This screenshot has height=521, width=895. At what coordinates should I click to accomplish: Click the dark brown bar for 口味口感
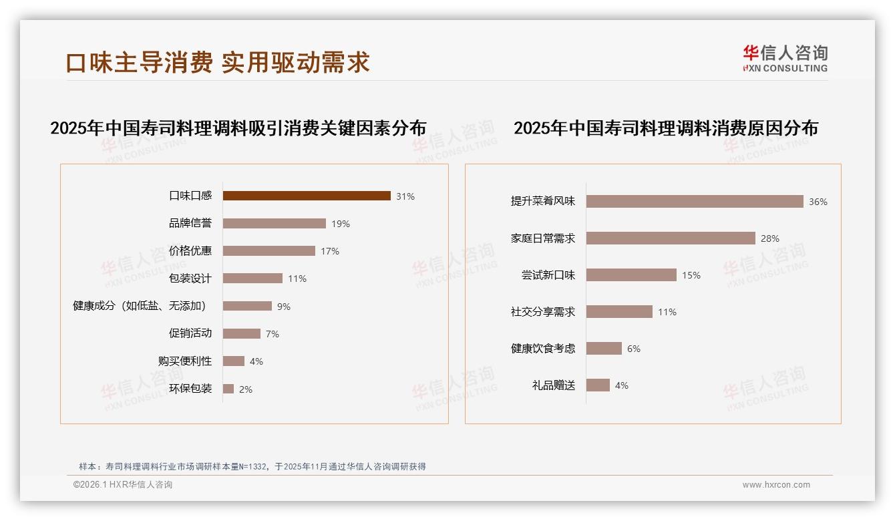307,196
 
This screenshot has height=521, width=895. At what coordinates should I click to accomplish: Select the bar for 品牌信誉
275,224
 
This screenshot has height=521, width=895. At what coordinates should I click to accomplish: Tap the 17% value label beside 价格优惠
330,251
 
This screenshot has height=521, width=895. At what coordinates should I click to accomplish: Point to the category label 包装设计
190,279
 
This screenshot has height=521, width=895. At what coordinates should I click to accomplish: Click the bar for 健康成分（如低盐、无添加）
247,306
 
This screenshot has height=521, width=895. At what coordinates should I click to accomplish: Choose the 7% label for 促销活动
272,334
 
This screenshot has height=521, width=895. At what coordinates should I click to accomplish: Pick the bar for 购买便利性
234,361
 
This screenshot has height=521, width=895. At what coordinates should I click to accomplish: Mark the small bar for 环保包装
228,389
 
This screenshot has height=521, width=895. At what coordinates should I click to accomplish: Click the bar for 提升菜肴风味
695,201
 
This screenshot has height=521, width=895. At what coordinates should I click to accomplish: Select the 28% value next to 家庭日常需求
770,238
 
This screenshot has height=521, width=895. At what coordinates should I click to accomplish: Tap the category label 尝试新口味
548,275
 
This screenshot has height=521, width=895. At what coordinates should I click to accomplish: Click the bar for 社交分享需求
619,312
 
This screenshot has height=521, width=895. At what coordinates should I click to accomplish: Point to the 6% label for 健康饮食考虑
633,349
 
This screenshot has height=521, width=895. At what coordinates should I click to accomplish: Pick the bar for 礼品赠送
598,385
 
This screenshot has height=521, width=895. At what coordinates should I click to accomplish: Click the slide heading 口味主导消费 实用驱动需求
218,62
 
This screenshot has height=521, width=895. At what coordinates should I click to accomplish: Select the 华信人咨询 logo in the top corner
785,58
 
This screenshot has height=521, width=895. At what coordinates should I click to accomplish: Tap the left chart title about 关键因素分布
238,128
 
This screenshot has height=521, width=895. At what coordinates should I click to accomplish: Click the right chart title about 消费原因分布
666,128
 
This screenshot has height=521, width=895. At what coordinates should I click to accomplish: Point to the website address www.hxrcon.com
776,485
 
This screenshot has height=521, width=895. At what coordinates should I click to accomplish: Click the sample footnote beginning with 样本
252,467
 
